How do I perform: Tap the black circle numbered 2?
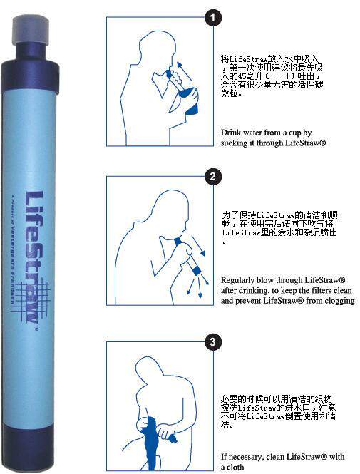coord(211,177)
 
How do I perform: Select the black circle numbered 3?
coord(211,342)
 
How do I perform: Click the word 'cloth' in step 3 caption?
coord(237,468)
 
